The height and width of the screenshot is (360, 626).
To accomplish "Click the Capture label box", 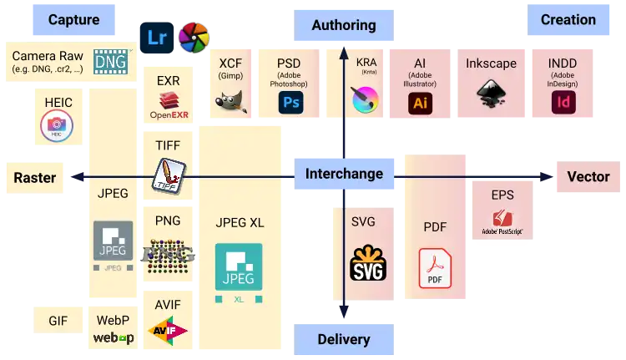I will click(x=73, y=20).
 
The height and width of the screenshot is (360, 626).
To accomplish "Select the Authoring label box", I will click(x=343, y=25).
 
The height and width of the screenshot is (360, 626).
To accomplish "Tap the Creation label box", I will click(x=568, y=20).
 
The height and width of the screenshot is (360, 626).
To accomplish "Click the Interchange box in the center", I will click(x=344, y=174).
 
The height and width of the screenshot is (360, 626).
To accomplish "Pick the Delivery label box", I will click(x=343, y=339).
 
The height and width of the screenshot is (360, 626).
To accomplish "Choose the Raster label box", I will click(x=35, y=177).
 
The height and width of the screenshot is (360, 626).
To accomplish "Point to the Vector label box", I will click(x=588, y=176).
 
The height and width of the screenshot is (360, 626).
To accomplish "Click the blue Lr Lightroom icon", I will click(x=156, y=38).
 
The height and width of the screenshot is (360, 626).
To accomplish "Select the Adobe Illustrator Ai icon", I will click(x=420, y=103).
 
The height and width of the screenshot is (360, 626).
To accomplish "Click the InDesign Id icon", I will click(x=563, y=103).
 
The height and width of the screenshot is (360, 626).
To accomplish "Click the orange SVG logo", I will click(x=368, y=262).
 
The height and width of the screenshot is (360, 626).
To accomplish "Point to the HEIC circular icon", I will click(x=58, y=127).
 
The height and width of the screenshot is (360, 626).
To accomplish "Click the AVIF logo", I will click(x=168, y=332).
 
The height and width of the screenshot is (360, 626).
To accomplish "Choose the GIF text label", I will click(x=58, y=321).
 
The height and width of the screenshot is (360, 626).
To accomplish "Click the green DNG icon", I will click(x=110, y=61).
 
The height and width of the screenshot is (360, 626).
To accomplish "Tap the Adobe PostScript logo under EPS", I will click(x=502, y=222).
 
